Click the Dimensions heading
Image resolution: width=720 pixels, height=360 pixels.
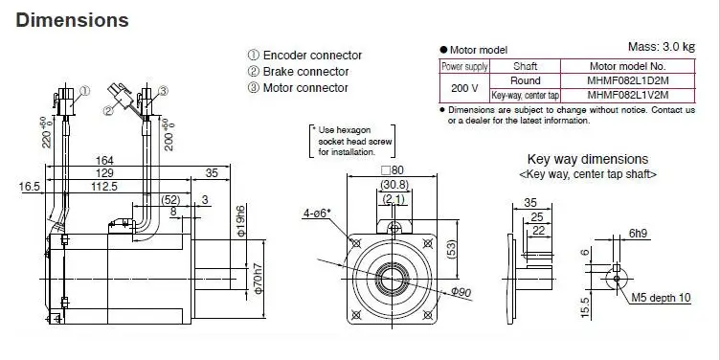(x=72, y=20)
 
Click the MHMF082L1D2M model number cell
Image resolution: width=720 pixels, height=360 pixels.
(x=628, y=80)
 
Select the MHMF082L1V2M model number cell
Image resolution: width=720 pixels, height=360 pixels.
(x=628, y=95)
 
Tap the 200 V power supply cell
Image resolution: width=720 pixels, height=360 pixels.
(x=464, y=88)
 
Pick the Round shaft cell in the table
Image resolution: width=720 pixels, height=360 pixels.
(x=526, y=80)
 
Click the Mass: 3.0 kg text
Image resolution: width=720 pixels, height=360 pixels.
(x=662, y=46)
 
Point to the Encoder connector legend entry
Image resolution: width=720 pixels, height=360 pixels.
(x=304, y=56)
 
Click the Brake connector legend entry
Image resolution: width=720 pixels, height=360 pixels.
(x=299, y=72)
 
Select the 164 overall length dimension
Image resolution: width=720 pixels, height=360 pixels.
(x=104, y=161)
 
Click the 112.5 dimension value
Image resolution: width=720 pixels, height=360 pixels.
(x=104, y=186)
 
